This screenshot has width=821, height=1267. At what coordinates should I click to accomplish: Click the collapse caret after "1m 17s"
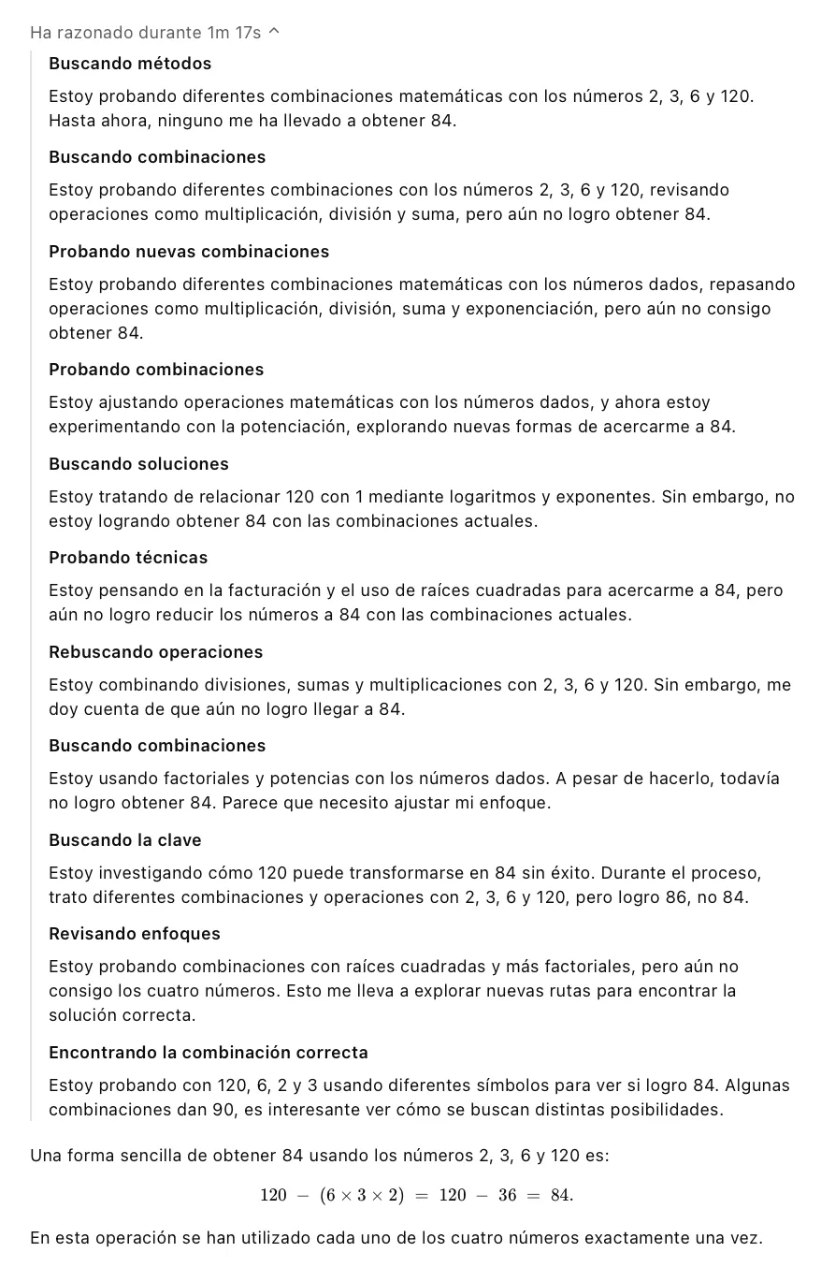click(274, 33)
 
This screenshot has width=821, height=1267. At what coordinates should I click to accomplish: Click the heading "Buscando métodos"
click(130, 64)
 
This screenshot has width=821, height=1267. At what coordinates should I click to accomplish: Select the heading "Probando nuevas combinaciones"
click(189, 252)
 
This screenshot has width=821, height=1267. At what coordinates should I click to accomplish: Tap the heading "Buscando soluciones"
click(138, 464)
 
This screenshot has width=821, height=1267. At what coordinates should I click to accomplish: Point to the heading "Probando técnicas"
click(128, 558)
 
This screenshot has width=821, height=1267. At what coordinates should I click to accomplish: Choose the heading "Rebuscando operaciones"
click(155, 652)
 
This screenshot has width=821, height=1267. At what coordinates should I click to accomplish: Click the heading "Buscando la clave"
click(125, 840)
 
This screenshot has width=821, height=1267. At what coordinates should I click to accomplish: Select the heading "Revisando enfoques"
click(135, 934)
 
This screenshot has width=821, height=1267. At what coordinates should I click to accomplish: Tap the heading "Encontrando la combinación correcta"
click(209, 1053)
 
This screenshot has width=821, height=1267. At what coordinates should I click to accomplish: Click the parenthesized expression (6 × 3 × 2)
click(362, 1195)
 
